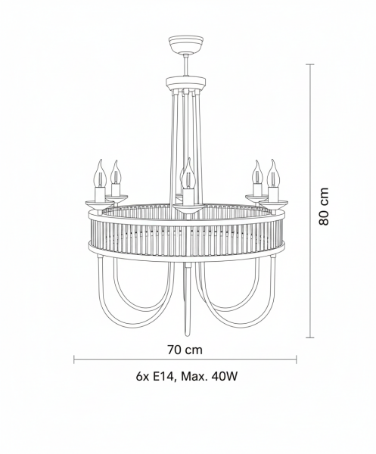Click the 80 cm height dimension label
pyautogui.click(x=324, y=206)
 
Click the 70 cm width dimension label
pyautogui.click(x=185, y=350)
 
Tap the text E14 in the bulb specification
pyautogui.click(x=163, y=376)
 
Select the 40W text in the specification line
pyautogui.click(x=225, y=376)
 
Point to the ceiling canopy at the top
pyautogui.click(x=186, y=45)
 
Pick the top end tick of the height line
pyautogui.click(x=310, y=64)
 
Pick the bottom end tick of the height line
pyautogui.click(x=310, y=337)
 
